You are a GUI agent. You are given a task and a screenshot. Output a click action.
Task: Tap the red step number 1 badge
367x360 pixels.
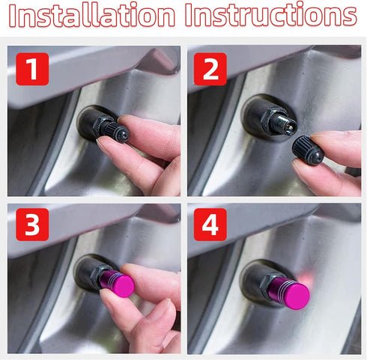coord(31,68)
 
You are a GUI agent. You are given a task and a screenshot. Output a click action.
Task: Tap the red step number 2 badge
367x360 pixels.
coord(210,68)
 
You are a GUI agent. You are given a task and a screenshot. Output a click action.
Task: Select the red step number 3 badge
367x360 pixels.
coord(31,225)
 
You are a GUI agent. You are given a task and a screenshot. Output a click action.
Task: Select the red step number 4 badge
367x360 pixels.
coord(210,225)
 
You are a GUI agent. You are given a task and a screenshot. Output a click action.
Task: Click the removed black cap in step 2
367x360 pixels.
coord(307,151)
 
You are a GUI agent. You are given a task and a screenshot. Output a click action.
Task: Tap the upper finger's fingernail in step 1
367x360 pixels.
coord(133,123)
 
